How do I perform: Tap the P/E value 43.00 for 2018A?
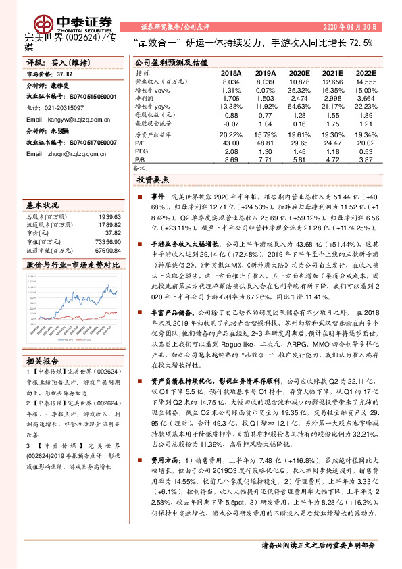(230, 144)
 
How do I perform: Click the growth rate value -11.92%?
(265, 107)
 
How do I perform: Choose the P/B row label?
(141, 159)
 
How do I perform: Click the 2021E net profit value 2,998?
(331, 99)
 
